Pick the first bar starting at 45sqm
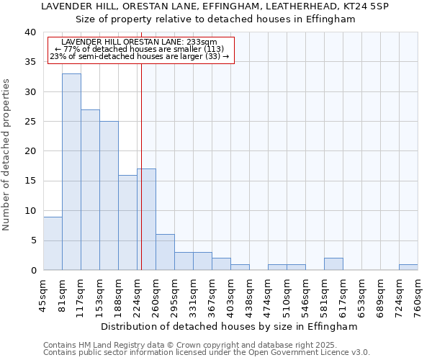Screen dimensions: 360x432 point(53,243)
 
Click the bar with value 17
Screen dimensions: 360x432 point(146,219)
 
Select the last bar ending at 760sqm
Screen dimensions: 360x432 point(408,267)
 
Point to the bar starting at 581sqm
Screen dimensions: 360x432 point(333,264)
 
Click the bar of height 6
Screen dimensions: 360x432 point(165,252)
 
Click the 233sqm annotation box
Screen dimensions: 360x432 point(141,50)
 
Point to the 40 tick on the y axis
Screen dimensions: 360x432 point(30,32)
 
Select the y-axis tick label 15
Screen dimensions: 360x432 point(30,181)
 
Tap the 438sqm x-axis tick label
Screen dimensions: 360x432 point(250,293)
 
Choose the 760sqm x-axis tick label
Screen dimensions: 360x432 point(418,293)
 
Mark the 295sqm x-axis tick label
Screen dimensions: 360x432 point(175,293)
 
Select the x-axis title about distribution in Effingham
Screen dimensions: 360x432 point(230,326)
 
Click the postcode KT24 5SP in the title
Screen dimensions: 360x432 point(368,6)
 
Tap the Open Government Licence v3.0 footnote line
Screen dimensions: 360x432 point(207,353)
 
